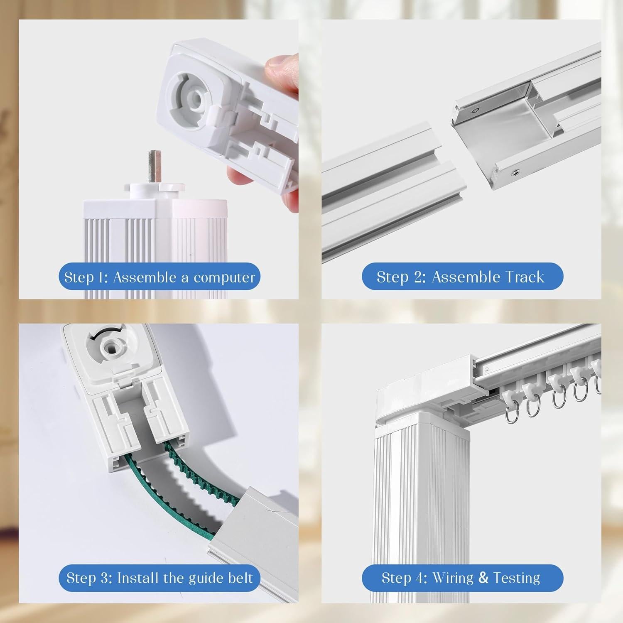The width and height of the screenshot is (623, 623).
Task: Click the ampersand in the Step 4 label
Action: coord(483,578)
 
